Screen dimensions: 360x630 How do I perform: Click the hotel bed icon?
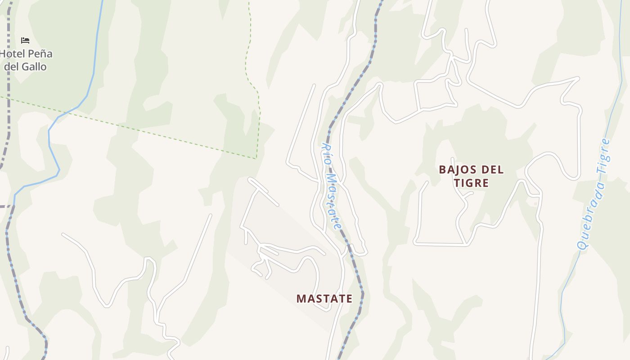pos(25,40)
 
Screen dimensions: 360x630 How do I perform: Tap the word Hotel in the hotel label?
pos(13,54)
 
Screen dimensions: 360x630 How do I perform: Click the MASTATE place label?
pos(324,299)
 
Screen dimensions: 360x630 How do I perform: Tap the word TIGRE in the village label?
pos(471,183)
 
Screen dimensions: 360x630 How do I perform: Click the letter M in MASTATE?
pos(301,299)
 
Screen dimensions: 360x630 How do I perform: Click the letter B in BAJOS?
pos(442,170)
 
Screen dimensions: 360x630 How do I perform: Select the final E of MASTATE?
pos(349,299)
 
